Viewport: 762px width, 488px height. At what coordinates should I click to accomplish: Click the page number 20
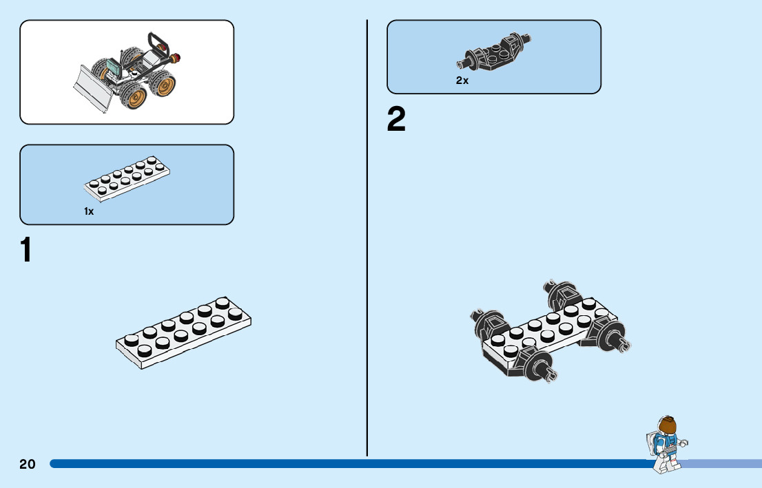coord(27,464)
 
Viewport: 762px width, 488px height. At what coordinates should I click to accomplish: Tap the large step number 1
coord(26,250)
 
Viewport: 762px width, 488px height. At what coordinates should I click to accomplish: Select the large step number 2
coord(396,120)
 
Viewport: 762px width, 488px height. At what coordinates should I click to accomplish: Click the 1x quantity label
coord(89,212)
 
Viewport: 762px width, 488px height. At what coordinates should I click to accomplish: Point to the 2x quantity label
coord(462,81)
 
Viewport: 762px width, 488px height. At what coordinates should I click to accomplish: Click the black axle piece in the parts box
coord(495,54)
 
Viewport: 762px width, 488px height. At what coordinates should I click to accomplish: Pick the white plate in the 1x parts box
coord(127,179)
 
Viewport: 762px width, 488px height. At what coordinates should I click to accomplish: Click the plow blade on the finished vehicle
coord(93,87)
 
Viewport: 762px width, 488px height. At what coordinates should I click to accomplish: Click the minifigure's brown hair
coord(668,427)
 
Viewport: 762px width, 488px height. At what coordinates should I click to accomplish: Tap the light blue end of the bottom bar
coord(723,464)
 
